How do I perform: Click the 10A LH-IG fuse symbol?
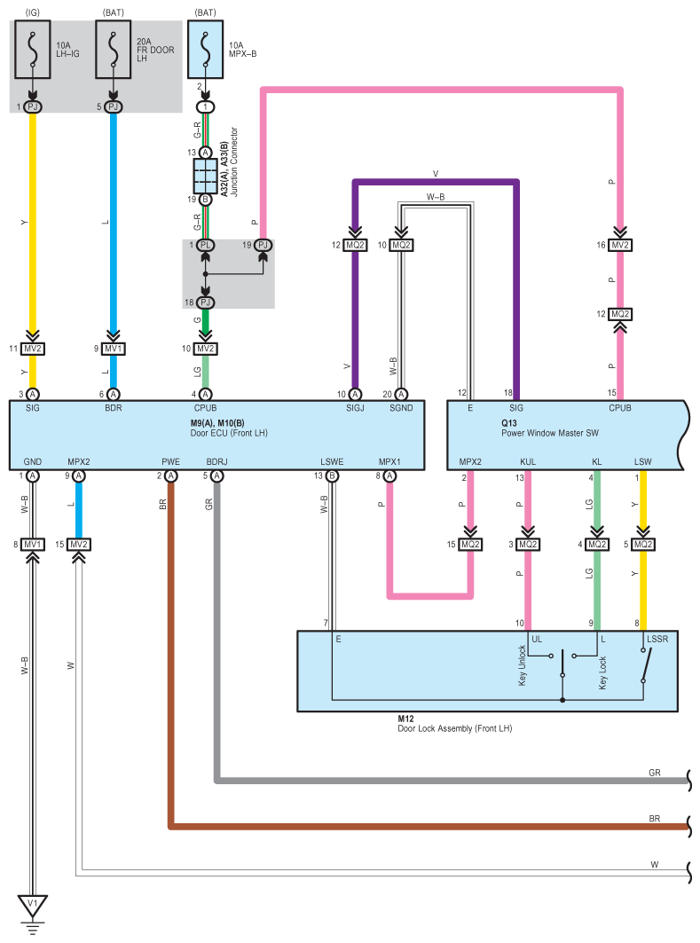click(x=33, y=50)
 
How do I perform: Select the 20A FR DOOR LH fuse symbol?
click(x=113, y=50)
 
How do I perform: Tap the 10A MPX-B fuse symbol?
click(x=205, y=50)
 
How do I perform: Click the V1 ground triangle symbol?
click(x=33, y=905)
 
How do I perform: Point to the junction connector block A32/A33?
click(x=205, y=176)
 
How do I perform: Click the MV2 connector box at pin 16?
click(x=620, y=245)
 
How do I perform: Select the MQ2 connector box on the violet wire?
click(x=355, y=245)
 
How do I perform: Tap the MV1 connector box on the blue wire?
click(x=113, y=349)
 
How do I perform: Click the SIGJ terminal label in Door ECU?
click(x=355, y=408)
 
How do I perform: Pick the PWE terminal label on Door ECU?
click(x=171, y=462)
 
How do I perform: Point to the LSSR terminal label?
click(x=657, y=639)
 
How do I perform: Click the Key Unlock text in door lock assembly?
click(x=522, y=665)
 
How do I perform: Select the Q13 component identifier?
click(x=508, y=423)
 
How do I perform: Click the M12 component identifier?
click(x=405, y=719)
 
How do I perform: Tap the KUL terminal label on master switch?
click(x=527, y=462)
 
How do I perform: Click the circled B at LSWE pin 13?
click(x=332, y=475)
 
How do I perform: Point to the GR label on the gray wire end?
click(x=654, y=773)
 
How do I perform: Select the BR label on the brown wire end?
click(x=654, y=819)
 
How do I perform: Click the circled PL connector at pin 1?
click(x=205, y=245)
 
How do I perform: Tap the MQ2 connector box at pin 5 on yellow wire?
click(x=643, y=545)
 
